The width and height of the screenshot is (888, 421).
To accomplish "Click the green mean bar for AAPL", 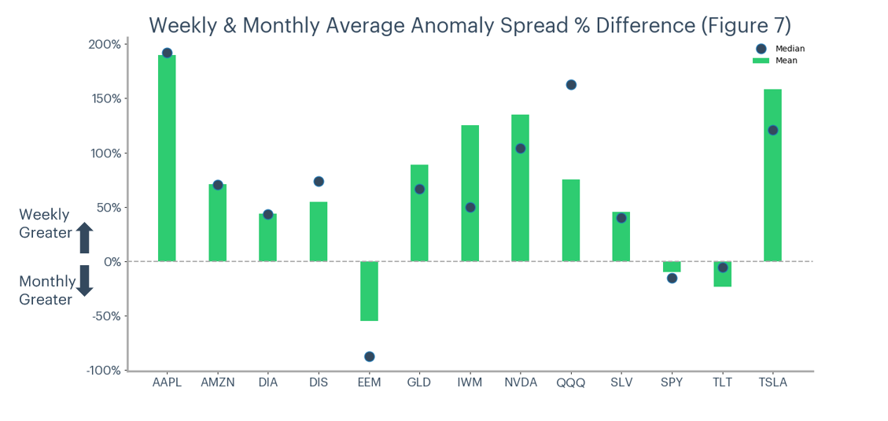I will click(167, 157).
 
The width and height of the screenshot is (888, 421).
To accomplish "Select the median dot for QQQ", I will click(571, 85).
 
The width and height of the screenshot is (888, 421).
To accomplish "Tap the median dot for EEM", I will click(369, 356).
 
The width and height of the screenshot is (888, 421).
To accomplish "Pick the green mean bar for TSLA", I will click(772, 175).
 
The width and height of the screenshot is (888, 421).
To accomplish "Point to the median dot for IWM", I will click(470, 208).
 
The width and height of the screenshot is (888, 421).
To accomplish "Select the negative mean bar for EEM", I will click(369, 291).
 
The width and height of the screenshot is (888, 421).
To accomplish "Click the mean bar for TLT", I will click(722, 275).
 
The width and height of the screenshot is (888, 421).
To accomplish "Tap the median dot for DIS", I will click(319, 182).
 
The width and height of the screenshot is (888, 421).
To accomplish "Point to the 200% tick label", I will click(105, 44).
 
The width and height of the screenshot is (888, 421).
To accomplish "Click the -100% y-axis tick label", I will click(103, 371).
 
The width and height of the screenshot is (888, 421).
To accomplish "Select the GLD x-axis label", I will click(419, 383).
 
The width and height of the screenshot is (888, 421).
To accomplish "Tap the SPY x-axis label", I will click(672, 383).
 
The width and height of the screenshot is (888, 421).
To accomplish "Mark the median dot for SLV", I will click(621, 218).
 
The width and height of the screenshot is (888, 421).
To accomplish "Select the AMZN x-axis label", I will click(217, 383).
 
